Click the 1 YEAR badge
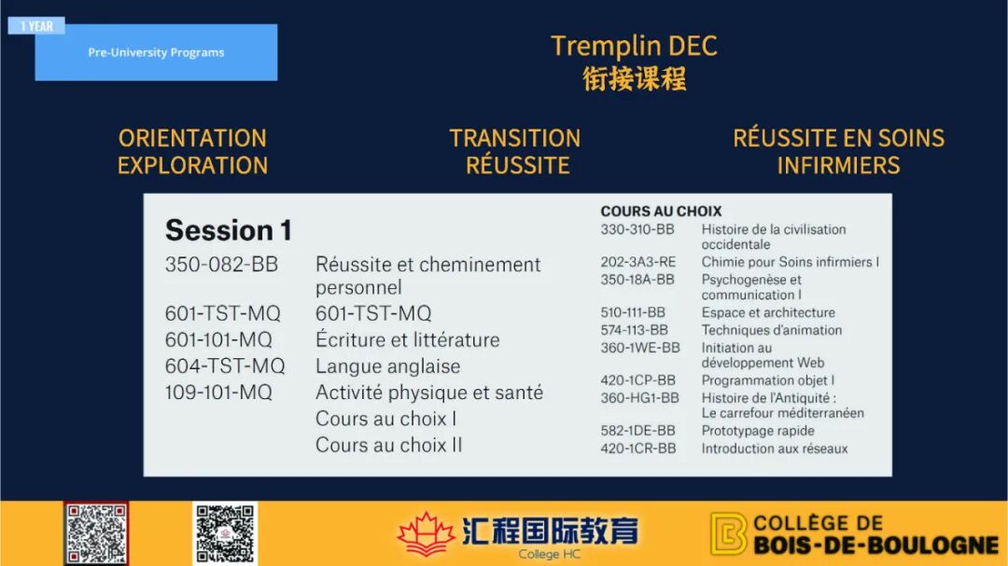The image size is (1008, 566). [x=36, y=26]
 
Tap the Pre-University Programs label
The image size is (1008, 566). [x=156, y=52]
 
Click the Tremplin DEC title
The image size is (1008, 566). [x=634, y=46]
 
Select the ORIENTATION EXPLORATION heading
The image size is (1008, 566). [x=192, y=152]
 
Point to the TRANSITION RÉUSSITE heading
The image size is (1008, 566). [x=515, y=152]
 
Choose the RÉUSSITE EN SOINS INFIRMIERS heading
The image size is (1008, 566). [x=838, y=152]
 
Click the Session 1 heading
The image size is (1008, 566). [x=229, y=230]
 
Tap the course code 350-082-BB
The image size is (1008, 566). [x=221, y=264]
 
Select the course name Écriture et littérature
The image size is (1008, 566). [x=408, y=339]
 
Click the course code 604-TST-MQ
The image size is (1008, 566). [x=224, y=366]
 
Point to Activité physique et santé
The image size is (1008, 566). [x=429, y=393]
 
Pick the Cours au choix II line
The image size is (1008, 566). [x=389, y=445]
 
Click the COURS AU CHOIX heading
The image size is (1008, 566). [x=661, y=212]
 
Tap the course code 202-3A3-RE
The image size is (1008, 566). [x=637, y=262]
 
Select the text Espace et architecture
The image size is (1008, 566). [x=768, y=313]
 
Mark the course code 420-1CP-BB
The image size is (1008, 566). [x=637, y=380]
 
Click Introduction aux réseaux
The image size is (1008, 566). [x=775, y=449]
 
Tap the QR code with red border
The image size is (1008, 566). [x=96, y=534]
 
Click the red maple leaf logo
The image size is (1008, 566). [x=426, y=534]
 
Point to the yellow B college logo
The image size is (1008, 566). [x=728, y=533]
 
